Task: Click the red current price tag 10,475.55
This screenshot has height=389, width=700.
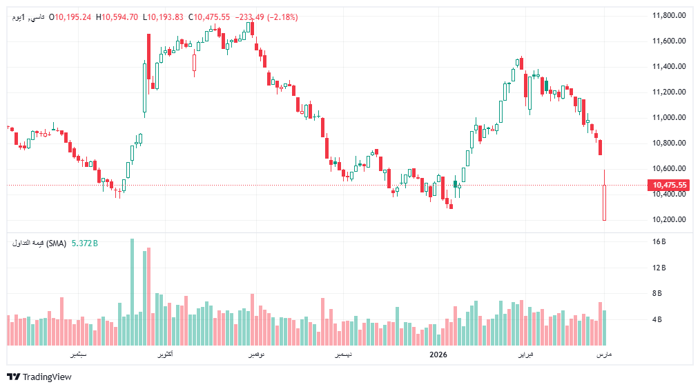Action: click(669, 185)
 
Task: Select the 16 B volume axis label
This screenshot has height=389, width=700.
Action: click(659, 242)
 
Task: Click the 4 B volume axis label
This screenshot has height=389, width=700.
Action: click(659, 319)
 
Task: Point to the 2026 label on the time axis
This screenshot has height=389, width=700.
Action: click(438, 355)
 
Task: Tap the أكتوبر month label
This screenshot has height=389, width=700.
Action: click(162, 355)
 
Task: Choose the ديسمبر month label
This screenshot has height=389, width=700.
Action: click(342, 355)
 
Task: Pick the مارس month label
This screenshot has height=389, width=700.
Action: click(604, 355)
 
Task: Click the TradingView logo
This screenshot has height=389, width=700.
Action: click(39, 377)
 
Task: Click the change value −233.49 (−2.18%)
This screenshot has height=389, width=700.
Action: click(266, 17)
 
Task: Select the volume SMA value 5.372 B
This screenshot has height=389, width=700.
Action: click(85, 243)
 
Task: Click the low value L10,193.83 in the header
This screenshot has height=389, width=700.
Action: click(164, 17)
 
